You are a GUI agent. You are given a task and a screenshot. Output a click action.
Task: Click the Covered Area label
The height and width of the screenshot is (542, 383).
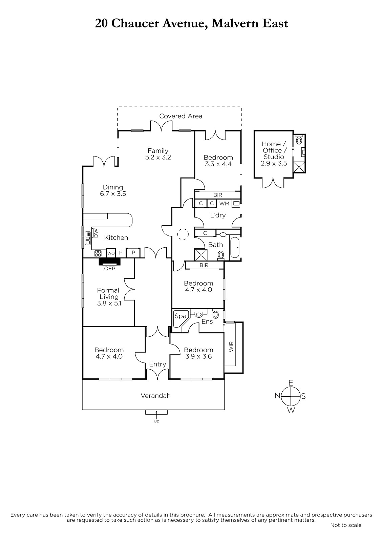tap(180, 116)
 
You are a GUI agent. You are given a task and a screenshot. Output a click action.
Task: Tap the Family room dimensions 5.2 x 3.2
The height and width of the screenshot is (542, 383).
tap(158, 157)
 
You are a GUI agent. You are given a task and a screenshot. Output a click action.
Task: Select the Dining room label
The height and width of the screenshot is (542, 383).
tap(113, 187)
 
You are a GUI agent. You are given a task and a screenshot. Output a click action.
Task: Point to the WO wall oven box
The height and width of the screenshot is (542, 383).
tap(111, 253)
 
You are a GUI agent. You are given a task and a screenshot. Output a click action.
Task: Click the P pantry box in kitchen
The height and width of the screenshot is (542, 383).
tap(133, 253)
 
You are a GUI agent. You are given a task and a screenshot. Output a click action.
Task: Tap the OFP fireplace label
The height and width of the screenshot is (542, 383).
tap(110, 268)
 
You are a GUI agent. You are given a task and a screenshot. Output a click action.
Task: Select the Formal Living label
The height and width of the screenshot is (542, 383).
tap(108, 293)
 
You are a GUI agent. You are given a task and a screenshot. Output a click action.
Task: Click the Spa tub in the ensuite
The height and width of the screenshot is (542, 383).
tap(181, 319)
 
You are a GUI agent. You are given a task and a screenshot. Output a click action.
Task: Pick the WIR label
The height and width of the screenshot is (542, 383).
tap(231, 347)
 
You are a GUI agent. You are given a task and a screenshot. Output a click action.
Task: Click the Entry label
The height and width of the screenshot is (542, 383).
tap(157, 364)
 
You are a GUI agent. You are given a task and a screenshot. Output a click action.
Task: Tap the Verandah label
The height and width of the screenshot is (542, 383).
tap(155, 396)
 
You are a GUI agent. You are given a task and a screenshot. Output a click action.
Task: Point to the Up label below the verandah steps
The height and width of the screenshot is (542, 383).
tap(156, 421)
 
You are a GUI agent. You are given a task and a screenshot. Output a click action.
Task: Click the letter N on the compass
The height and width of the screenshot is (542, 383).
tap(277, 396)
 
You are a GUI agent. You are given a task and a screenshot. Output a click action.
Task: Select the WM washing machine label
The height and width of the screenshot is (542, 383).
tap(224, 204)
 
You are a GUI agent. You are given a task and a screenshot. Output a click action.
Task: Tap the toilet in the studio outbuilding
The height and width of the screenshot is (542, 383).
tap(299, 140)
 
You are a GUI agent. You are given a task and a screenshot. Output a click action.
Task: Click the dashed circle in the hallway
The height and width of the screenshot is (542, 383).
tap(183, 234)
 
